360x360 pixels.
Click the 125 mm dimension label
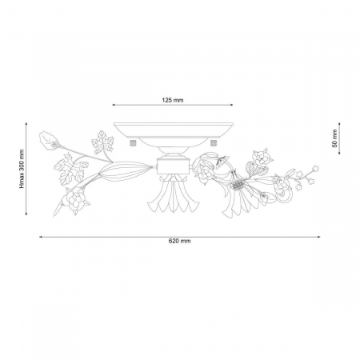173,100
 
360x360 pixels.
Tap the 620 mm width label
180,241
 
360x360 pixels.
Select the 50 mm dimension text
334,138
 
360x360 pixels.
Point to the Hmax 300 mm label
22,169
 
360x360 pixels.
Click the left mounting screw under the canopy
133,143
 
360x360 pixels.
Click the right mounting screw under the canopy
213,143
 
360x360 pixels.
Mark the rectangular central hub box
173,166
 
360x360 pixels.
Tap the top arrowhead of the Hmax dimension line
26,124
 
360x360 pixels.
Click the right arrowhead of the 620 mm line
318,237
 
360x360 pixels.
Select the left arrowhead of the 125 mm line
114,105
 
